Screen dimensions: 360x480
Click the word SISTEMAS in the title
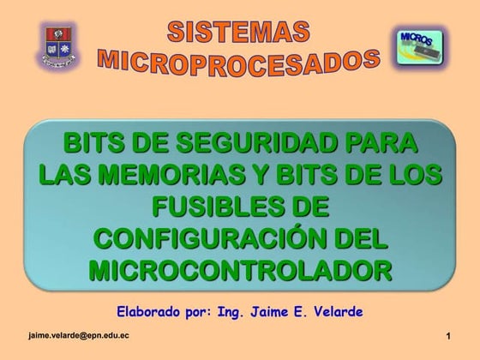click(x=238, y=33)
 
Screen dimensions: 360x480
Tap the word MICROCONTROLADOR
click(x=240, y=269)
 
